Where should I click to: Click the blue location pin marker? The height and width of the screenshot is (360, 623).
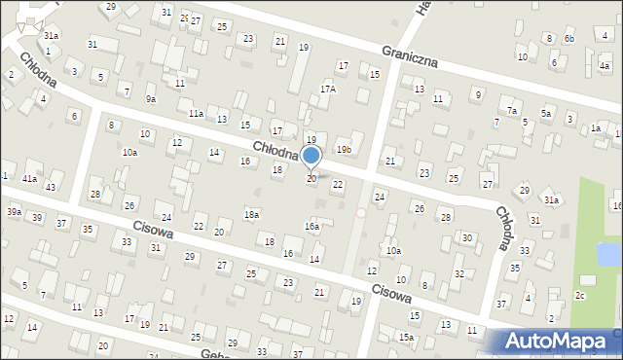[x=311, y=157]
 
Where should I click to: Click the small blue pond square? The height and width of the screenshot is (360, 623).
[x=608, y=254]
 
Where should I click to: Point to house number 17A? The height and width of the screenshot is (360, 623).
[x=328, y=89]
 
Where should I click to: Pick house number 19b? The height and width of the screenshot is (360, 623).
[x=344, y=150]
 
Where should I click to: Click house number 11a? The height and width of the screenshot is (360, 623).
[x=196, y=114]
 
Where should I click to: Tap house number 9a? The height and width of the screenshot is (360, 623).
[x=151, y=99]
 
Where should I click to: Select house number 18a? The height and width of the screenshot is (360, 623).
[x=251, y=214]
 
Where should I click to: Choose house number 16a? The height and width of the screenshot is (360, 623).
[x=311, y=226]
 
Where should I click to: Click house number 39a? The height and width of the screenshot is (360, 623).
[x=14, y=212]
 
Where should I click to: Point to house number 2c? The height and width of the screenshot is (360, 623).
[x=580, y=295]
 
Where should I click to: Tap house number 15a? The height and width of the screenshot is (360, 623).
[x=406, y=337]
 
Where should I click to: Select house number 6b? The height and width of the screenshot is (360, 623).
[x=569, y=39]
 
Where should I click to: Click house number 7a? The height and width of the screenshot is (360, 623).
[x=511, y=111]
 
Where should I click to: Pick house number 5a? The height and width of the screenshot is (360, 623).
[x=546, y=114]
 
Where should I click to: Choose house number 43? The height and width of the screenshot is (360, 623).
[x=51, y=187]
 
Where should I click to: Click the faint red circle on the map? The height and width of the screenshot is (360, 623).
[x=361, y=212]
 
